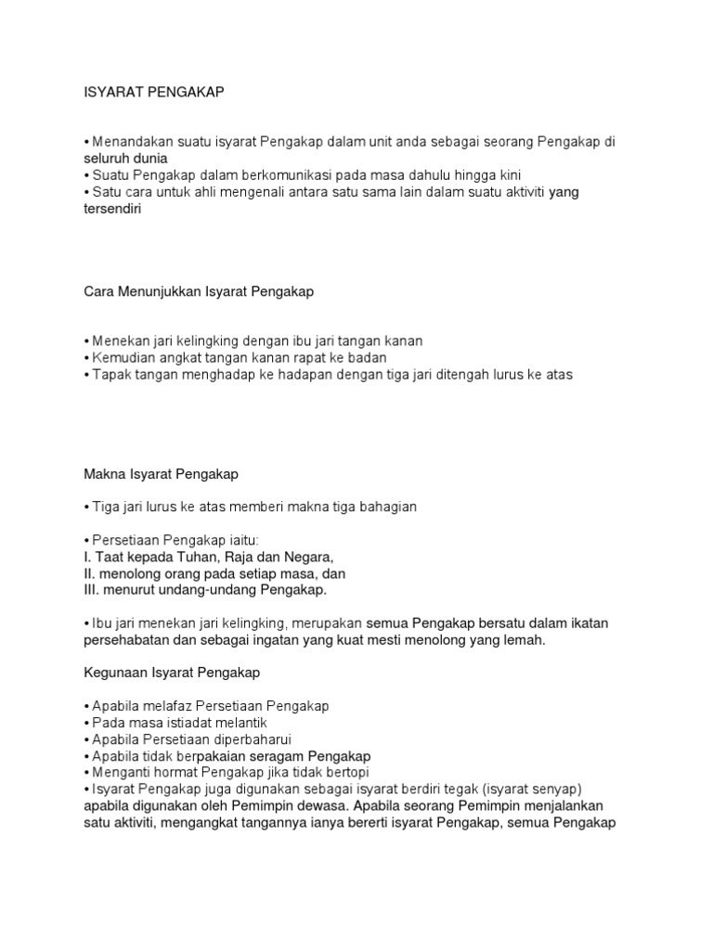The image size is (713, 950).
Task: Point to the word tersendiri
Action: coord(110,209)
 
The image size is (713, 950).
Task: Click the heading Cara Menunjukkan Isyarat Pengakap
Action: coord(199,291)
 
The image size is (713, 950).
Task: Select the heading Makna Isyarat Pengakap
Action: coord(162,474)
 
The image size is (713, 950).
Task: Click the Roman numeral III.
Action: coord(92,589)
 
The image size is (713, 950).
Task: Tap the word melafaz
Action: coord(174,706)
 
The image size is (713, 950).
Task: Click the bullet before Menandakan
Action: coord(86,142)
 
